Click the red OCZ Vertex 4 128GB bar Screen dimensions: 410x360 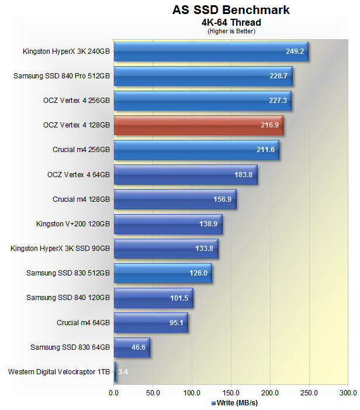[199, 125]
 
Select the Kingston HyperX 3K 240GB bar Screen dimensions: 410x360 [211, 51]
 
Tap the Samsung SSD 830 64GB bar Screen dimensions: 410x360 [132, 347]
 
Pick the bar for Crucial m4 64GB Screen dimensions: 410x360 [151, 322]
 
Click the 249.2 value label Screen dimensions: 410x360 [295, 51]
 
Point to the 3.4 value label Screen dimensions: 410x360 [123, 371]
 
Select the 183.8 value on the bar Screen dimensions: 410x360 [243, 174]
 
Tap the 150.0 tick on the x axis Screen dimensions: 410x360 [231, 392]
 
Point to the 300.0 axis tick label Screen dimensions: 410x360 [348, 392]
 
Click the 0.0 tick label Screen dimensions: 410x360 [114, 392]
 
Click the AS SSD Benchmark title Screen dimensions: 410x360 [231, 10]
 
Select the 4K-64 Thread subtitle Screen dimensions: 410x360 [231, 23]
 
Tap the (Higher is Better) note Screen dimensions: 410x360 [231, 31]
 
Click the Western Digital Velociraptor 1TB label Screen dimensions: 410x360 [58, 371]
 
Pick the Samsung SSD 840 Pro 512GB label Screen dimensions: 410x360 [61, 75]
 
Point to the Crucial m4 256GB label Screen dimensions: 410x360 [81, 150]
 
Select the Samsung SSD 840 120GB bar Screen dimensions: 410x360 [153, 298]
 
